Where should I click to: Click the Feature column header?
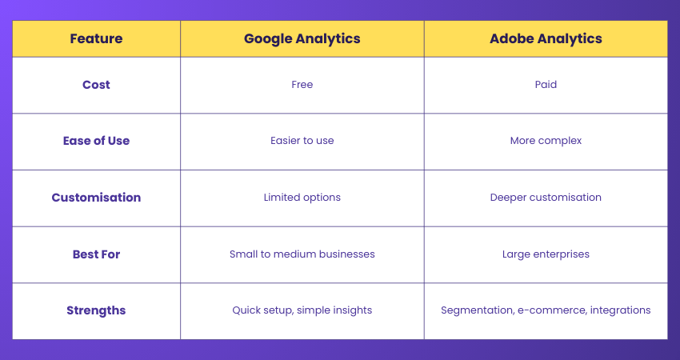[96, 38]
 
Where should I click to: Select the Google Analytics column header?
[302, 38]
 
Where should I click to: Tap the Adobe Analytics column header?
[546, 38]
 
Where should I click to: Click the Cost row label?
[96, 84]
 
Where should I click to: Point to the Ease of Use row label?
[96, 141]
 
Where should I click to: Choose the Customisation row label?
[96, 198]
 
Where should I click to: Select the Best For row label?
[96, 254]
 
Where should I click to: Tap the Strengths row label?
[96, 310]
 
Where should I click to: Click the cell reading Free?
[302, 84]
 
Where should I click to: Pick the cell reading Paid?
[546, 84]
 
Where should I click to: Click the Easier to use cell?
[302, 141]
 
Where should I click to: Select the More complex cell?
[546, 141]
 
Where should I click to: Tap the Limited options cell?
[302, 198]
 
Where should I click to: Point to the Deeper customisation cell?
[546, 198]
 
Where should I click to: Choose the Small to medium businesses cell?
[302, 254]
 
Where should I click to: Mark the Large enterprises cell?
[546, 254]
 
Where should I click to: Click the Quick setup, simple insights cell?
[302, 310]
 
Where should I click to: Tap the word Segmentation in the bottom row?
[474, 310]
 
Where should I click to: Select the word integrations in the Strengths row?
[620, 310]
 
